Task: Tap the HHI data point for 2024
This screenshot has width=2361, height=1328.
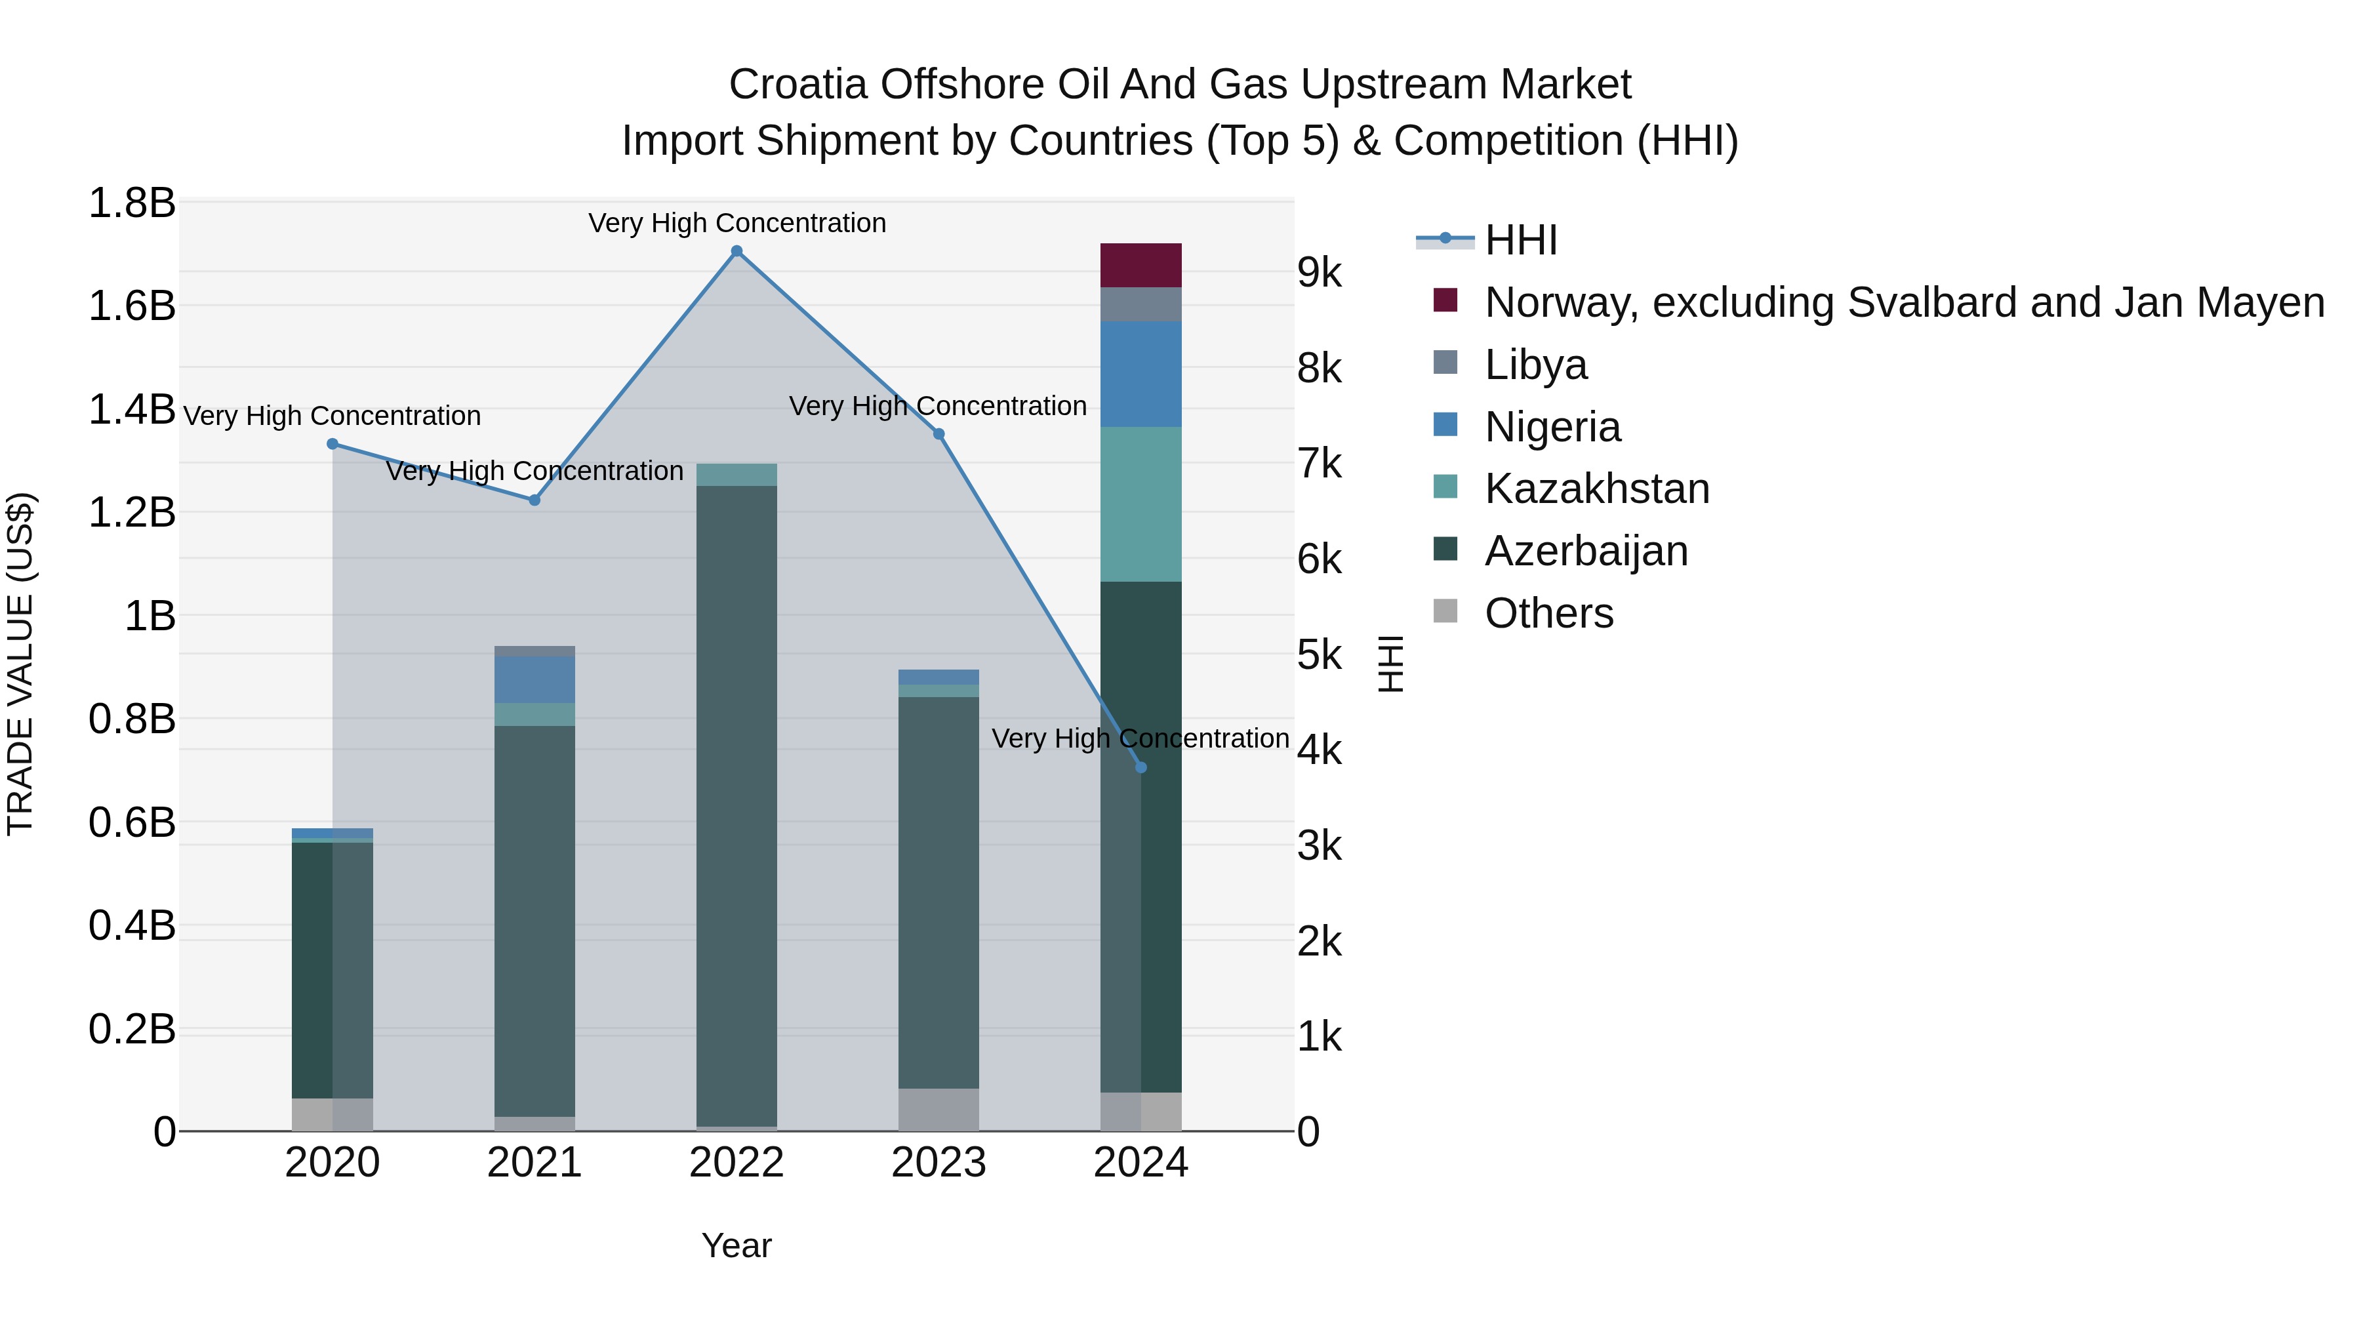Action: [1140, 767]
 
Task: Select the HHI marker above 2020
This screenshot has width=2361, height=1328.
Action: [333, 443]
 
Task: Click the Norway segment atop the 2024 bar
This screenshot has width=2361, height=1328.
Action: [1140, 266]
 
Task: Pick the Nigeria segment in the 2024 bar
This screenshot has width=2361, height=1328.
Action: [1140, 374]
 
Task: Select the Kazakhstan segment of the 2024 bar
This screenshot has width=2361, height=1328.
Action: [1140, 504]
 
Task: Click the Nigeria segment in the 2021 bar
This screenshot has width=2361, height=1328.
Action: [535, 679]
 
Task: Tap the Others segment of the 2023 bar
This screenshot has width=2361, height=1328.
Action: [938, 1109]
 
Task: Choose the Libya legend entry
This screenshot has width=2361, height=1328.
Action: [1535, 365]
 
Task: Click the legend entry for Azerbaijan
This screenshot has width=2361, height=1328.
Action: [1586, 551]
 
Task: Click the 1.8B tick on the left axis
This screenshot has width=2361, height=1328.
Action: [131, 203]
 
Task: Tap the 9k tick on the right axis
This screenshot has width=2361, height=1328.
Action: [1319, 273]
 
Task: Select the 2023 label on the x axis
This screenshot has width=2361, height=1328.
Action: [938, 1163]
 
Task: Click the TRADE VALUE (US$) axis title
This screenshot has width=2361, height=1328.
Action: [20, 664]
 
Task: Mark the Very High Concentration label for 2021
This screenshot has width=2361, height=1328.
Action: [535, 471]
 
